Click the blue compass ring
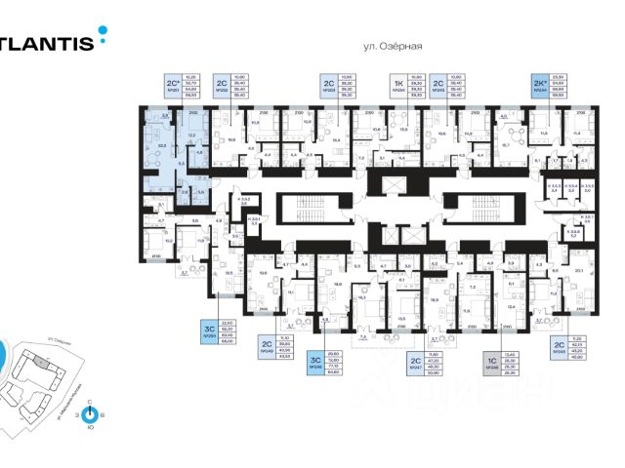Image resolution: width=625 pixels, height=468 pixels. click(x=90, y=413)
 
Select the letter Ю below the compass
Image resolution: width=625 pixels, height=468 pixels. click(x=90, y=428)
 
